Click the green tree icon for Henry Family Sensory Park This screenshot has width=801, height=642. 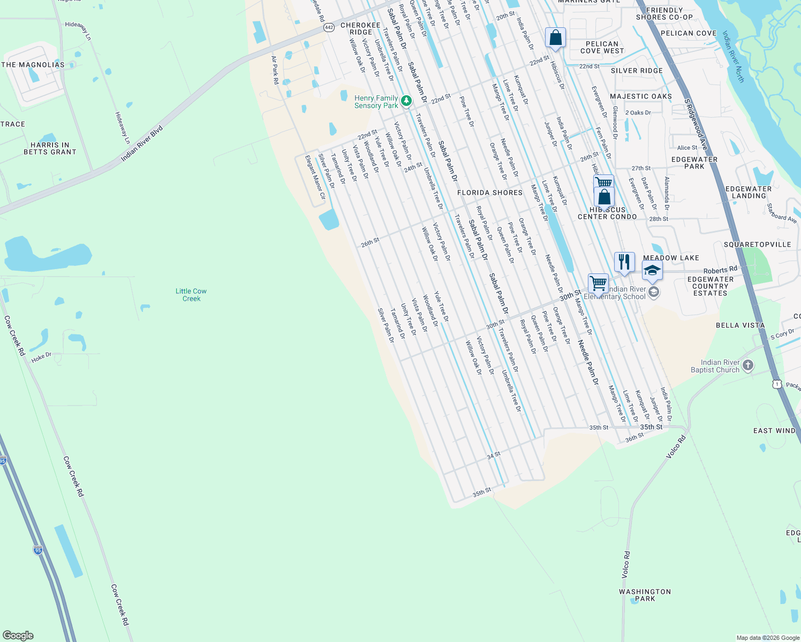406,101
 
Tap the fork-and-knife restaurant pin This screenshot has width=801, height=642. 624,263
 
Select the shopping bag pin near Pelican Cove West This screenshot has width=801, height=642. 555,39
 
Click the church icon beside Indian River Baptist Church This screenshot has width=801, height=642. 748,365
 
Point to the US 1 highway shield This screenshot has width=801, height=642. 777,384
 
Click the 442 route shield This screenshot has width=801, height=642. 329,27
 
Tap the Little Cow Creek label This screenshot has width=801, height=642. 191,295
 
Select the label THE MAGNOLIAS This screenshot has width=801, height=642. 33,65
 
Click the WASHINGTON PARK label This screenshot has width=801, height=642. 645,595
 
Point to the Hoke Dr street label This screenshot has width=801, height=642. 41,357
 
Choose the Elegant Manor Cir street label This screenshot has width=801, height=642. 315,177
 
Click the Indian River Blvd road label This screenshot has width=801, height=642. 141,143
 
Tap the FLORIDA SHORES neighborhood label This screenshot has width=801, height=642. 489,193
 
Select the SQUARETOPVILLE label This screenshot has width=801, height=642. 757,244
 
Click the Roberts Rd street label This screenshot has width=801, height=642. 720,270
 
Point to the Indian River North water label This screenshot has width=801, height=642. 733,56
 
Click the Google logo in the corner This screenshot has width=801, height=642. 18,636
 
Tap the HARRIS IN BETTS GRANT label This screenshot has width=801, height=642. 50,148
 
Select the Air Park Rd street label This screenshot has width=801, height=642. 275,70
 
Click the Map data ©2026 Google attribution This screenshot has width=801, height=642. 767,638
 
